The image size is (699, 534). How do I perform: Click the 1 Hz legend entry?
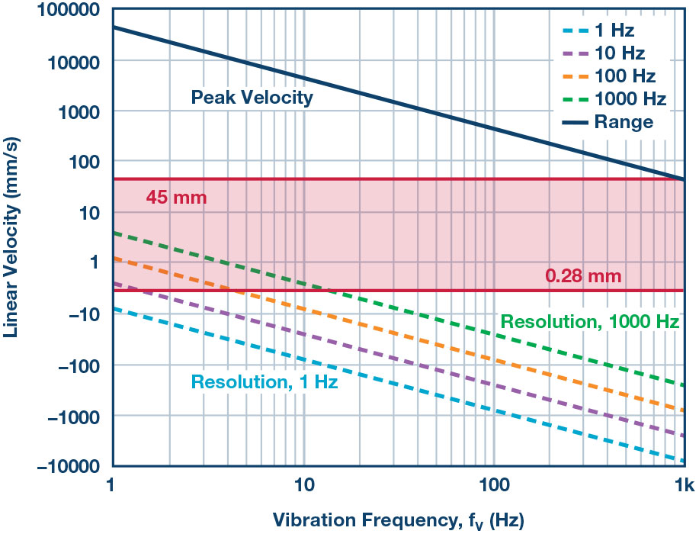coord(613,31)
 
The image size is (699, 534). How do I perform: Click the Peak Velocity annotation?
coord(252,98)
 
